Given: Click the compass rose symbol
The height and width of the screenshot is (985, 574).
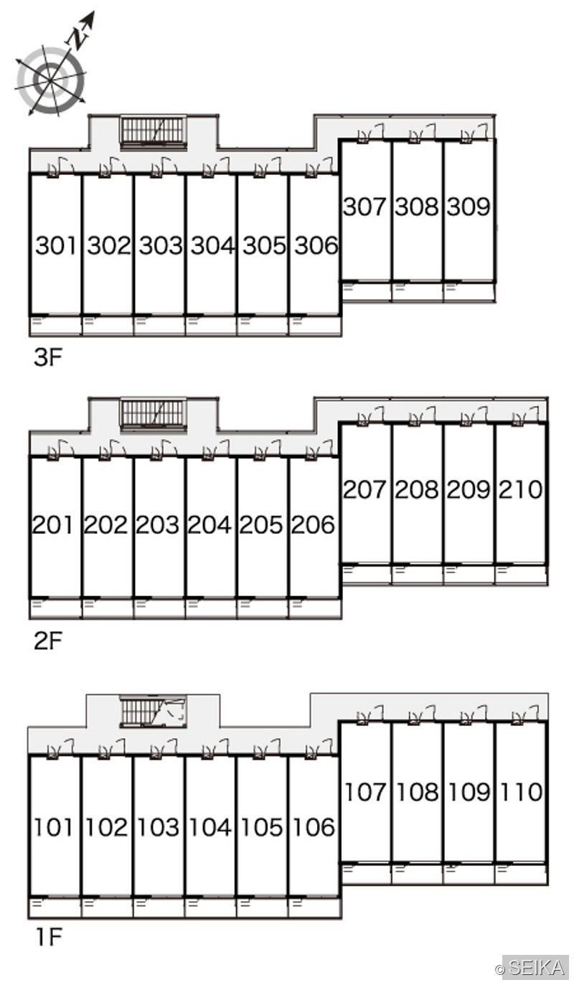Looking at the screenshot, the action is [50, 80].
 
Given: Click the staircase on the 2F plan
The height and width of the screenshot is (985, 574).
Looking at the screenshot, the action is [154, 413].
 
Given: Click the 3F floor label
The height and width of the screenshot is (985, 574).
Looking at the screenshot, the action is [47, 357].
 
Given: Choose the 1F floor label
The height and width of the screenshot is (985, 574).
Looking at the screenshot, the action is [48, 935].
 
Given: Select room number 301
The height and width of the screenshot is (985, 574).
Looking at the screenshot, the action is [56, 245].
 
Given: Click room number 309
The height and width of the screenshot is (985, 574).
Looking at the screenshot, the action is [468, 206].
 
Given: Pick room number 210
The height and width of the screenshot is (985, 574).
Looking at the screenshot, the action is [520, 489].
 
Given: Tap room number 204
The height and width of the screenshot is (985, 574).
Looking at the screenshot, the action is [210, 524].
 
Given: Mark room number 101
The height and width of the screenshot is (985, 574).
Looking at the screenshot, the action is [53, 827].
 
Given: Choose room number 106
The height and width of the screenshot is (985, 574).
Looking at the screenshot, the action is [314, 827].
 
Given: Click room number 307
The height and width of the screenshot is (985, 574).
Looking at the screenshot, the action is [364, 206].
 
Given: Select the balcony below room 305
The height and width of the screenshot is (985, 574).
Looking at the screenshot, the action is [263, 326].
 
